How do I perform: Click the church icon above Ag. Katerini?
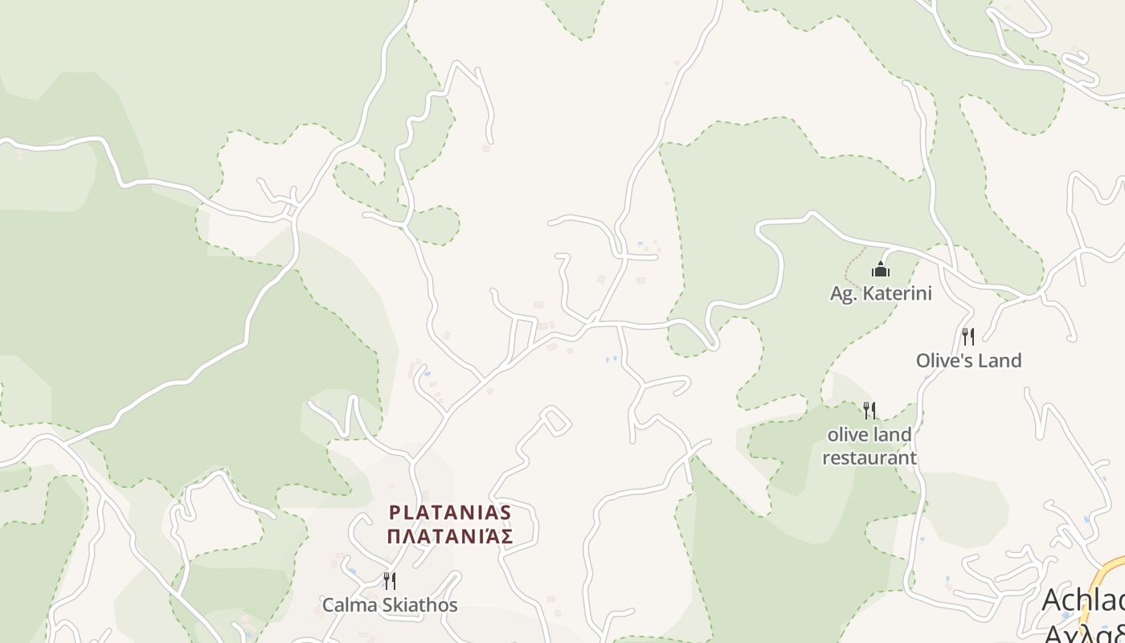(x=882, y=269)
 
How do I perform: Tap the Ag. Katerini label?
(x=881, y=293)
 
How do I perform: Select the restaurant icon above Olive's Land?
(x=968, y=336)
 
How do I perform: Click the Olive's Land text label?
(x=968, y=361)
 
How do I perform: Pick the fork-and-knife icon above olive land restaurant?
(x=869, y=411)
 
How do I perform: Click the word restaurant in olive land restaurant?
(x=869, y=458)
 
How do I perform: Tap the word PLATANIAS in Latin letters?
(x=450, y=512)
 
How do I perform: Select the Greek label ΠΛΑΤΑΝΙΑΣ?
(x=450, y=536)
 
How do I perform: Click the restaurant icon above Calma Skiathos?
(x=390, y=580)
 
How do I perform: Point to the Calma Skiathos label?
(x=390, y=605)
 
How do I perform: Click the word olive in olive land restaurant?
(x=846, y=435)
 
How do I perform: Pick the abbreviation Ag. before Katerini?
(x=841, y=293)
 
